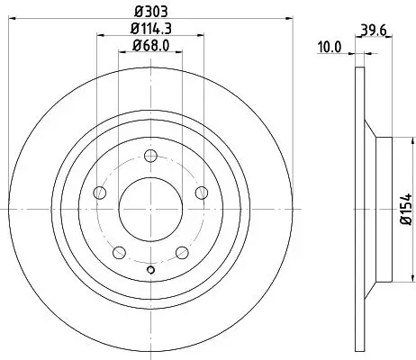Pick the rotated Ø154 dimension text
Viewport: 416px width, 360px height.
coord(405,209)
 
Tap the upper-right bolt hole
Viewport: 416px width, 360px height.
coord(201,192)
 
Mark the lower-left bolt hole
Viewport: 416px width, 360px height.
coord(119,252)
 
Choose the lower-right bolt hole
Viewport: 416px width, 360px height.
coord(181,252)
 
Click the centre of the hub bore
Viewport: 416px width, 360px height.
coord(150,209)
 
